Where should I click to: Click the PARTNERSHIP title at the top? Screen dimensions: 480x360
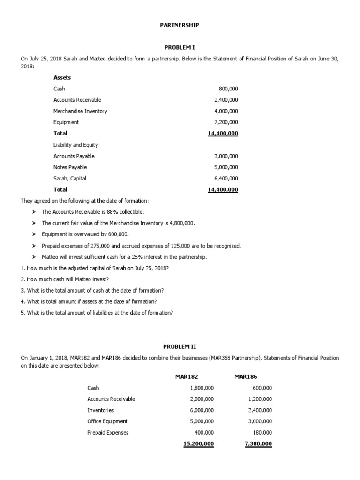click(180, 25)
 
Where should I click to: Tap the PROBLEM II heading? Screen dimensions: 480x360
click(180, 346)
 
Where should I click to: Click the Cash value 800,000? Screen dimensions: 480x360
click(228, 89)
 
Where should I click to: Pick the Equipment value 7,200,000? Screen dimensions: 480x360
click(226, 122)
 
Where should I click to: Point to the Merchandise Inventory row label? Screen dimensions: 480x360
click(80, 111)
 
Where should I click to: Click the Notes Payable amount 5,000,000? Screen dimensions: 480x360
click(226, 167)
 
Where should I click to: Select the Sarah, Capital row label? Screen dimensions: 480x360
click(69, 179)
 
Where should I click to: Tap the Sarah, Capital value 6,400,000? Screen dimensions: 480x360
click(226, 179)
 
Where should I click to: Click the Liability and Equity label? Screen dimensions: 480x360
click(75, 145)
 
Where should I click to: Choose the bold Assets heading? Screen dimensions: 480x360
click(62, 77)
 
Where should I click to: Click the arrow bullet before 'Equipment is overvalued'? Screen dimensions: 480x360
click(34, 234)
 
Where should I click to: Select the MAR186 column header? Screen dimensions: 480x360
click(246, 376)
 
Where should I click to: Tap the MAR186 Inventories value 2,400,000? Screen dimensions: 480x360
click(260, 410)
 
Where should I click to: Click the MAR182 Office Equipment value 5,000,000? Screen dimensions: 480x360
click(202, 421)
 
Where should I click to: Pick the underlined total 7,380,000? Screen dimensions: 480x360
click(258, 444)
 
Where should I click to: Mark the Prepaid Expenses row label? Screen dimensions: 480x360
click(108, 433)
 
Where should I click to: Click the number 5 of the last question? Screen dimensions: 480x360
click(22, 313)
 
